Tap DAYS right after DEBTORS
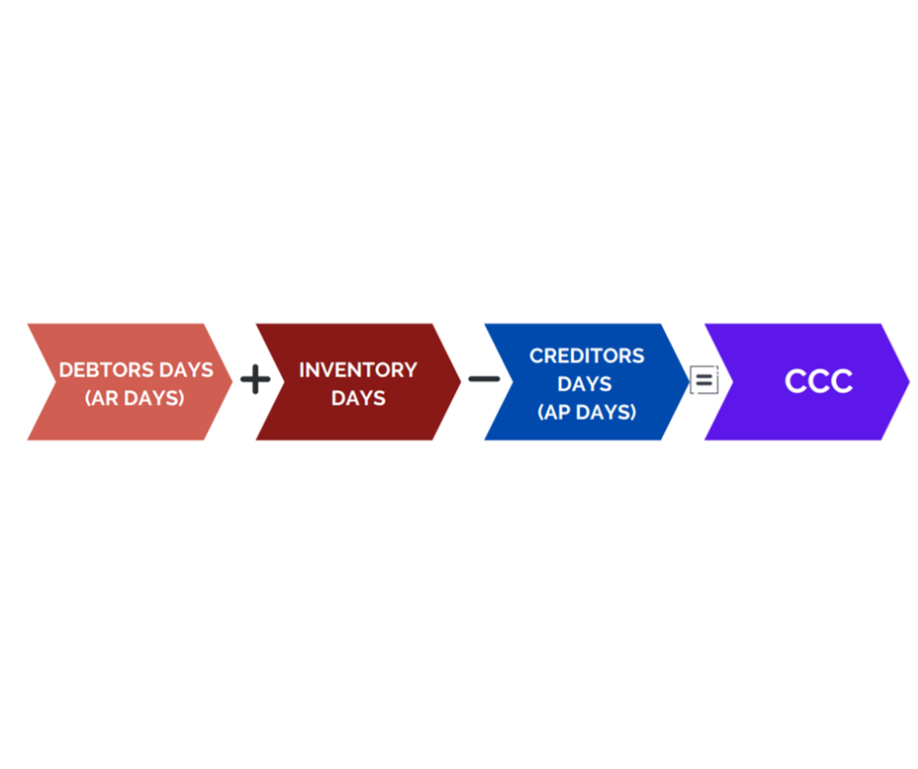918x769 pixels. point(187,370)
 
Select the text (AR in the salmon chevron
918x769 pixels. point(102,398)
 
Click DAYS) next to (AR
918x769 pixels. point(154,398)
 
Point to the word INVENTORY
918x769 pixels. point(358,370)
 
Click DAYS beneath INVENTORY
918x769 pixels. point(358,398)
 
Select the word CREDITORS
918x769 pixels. point(587,356)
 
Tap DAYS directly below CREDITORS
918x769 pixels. point(585,384)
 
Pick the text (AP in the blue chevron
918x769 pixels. point(555,412)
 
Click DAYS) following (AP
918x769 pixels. point(605,412)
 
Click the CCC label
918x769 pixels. point(818,381)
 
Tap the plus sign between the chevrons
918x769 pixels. point(255,380)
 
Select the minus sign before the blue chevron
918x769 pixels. point(484,380)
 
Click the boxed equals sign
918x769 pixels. point(704,380)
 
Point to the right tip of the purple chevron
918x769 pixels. point(909,382)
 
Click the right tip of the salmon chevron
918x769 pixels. point(232,382)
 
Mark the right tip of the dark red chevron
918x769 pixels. point(461,382)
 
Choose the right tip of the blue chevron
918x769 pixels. point(689,382)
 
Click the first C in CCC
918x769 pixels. point(795,381)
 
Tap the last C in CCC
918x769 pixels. point(842,381)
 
